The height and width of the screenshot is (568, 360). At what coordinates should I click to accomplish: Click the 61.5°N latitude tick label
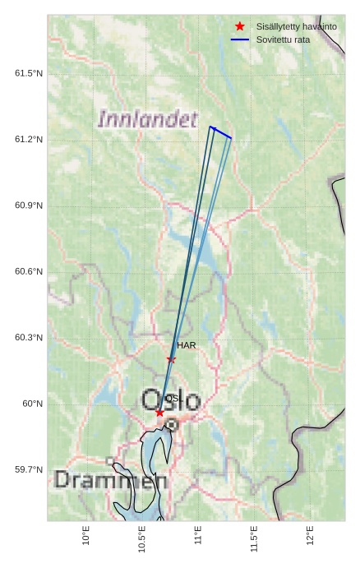29,74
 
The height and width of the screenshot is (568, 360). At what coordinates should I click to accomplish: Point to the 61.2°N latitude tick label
29,140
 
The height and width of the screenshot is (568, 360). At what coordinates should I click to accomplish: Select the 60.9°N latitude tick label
29,205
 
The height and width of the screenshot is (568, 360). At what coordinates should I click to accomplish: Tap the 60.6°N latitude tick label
29,272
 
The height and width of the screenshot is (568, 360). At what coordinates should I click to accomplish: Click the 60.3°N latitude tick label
29,338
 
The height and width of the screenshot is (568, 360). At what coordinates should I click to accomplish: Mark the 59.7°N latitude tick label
29,470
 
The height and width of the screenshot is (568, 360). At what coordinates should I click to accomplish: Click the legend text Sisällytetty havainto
296,26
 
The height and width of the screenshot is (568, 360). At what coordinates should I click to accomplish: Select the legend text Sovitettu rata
283,39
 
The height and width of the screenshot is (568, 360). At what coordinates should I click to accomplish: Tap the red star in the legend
240,26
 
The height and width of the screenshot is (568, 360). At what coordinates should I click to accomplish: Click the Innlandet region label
148,119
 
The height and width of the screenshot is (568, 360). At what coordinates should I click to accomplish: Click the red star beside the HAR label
171,359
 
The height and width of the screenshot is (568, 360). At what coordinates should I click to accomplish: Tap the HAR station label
186,346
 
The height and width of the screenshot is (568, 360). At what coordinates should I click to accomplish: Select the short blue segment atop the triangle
220,132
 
